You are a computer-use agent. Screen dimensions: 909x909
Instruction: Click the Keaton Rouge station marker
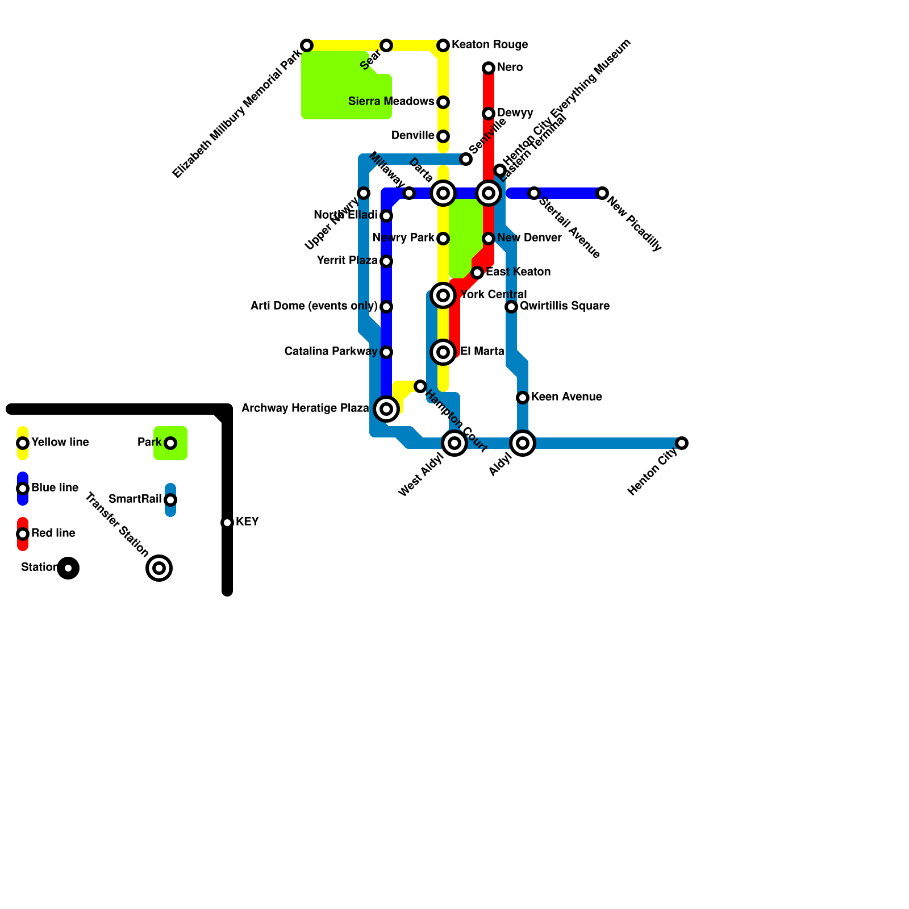[x=443, y=45]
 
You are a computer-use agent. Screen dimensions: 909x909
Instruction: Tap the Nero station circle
[x=489, y=68]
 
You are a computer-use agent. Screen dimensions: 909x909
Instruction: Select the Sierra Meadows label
[x=391, y=102]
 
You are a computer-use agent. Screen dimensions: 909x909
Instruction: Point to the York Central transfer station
[x=443, y=295]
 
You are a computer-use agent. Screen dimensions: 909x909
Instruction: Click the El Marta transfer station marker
[x=443, y=352]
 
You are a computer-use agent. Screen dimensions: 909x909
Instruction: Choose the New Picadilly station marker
[x=602, y=193]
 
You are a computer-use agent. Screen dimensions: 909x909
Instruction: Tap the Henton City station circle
[x=682, y=443]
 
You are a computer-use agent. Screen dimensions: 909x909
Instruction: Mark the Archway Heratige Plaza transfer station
[x=386, y=409]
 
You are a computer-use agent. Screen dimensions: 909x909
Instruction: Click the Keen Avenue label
[x=566, y=397]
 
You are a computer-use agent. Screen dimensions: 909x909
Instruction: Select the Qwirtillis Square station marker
[x=511, y=307]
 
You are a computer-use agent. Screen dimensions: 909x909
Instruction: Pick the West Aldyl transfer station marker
[x=454, y=443]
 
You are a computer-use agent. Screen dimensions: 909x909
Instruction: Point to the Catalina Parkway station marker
[x=386, y=352]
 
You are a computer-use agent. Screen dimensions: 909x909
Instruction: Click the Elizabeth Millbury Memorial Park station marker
[x=307, y=45]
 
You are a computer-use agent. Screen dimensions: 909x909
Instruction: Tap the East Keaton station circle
[x=477, y=273]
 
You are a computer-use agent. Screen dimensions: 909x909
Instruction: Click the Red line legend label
[x=53, y=533]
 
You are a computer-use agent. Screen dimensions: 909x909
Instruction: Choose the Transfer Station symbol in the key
[x=159, y=568]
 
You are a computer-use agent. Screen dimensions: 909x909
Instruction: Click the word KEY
[x=247, y=522]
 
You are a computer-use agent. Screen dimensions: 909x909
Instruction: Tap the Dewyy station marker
[x=489, y=114]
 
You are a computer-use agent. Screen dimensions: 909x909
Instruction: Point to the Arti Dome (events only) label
[x=314, y=306]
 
